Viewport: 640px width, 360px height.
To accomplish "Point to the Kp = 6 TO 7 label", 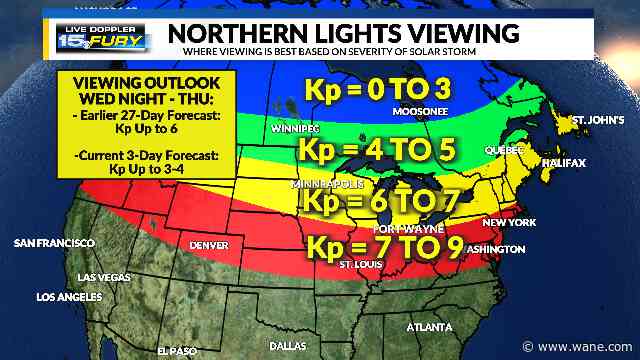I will click(377, 202).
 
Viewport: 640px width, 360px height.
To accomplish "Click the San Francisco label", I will click(54, 243).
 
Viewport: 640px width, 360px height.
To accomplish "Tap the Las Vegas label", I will click(102, 277).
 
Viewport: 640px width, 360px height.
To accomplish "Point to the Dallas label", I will click(289, 345).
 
